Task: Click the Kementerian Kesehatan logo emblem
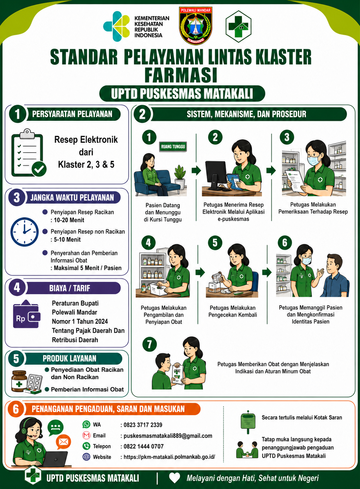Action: coord(117,26)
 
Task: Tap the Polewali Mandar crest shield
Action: coord(195,25)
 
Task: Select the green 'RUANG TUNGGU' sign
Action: coord(173,147)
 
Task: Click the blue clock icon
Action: coord(25,232)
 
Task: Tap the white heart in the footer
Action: coord(175,478)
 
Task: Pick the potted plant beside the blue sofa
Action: coord(180,177)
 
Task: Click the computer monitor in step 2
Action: coord(216,175)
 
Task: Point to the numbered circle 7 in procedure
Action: coord(150,344)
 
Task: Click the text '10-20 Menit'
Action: coord(69,220)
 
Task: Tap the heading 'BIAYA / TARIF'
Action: coord(70,288)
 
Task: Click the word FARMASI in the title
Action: coord(181,75)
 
